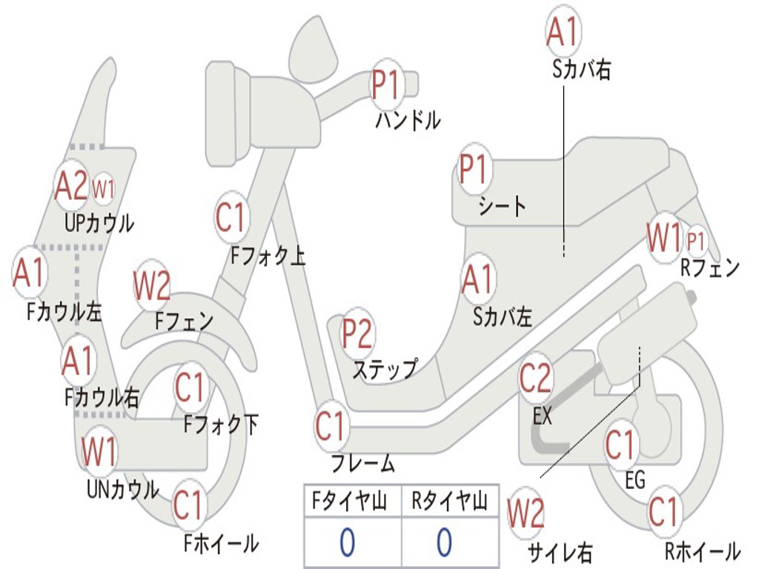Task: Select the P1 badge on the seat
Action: pyautogui.click(x=474, y=170)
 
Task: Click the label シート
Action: pyautogui.click(x=503, y=206)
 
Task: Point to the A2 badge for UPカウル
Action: pyautogui.click(x=72, y=187)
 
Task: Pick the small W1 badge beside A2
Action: pyautogui.click(x=103, y=190)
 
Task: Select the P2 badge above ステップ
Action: pyautogui.click(x=357, y=334)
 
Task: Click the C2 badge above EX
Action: pyautogui.click(x=535, y=379)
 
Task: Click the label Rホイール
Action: pyautogui.click(x=702, y=551)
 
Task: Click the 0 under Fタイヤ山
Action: pyautogui.click(x=347, y=542)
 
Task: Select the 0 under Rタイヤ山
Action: pyautogui.click(x=443, y=542)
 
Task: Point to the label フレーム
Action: pyautogui.click(x=363, y=465)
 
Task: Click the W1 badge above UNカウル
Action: pyautogui.click(x=99, y=452)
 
